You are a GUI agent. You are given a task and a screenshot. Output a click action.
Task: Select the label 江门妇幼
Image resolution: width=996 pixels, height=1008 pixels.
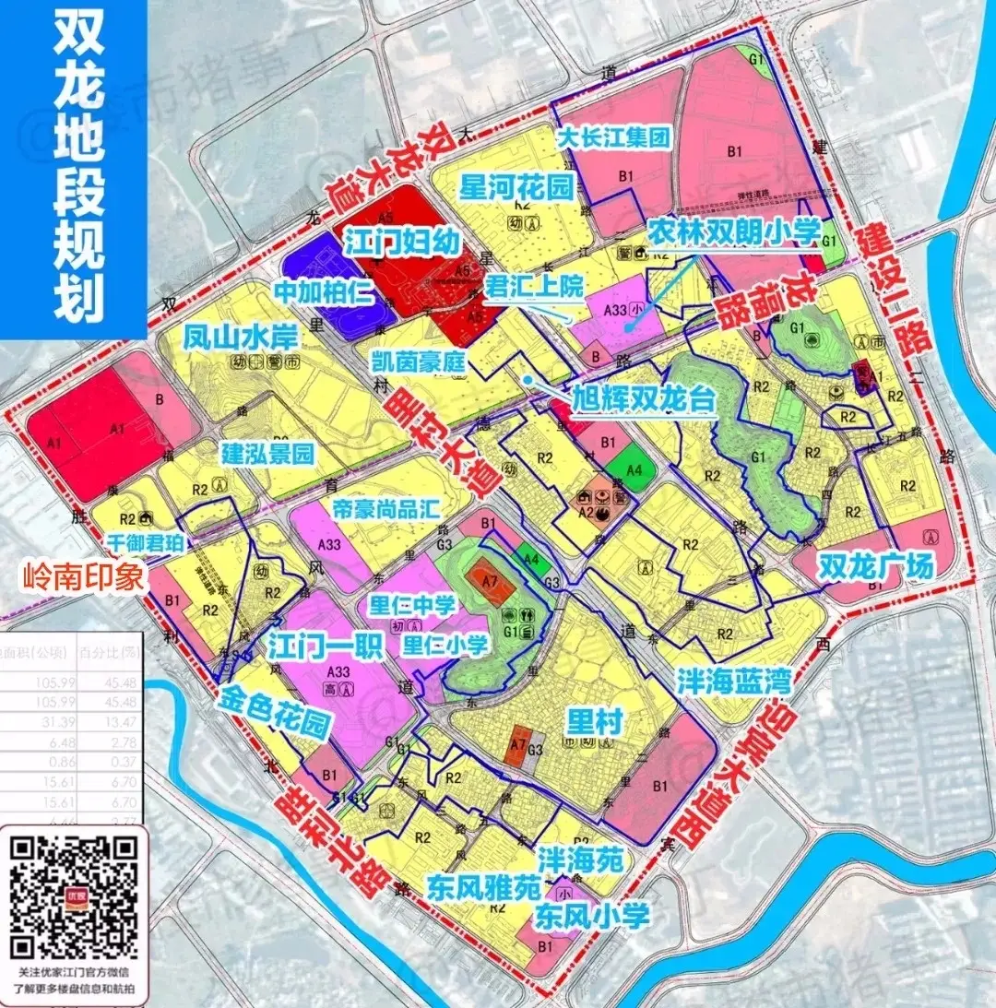[x=402, y=243]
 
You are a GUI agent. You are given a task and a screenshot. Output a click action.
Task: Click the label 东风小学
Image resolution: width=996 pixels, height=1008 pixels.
[x=594, y=916]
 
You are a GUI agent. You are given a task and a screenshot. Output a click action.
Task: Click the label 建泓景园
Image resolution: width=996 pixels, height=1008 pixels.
[x=268, y=453]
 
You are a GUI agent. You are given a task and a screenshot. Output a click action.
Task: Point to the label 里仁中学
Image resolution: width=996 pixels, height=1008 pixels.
[x=412, y=606]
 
